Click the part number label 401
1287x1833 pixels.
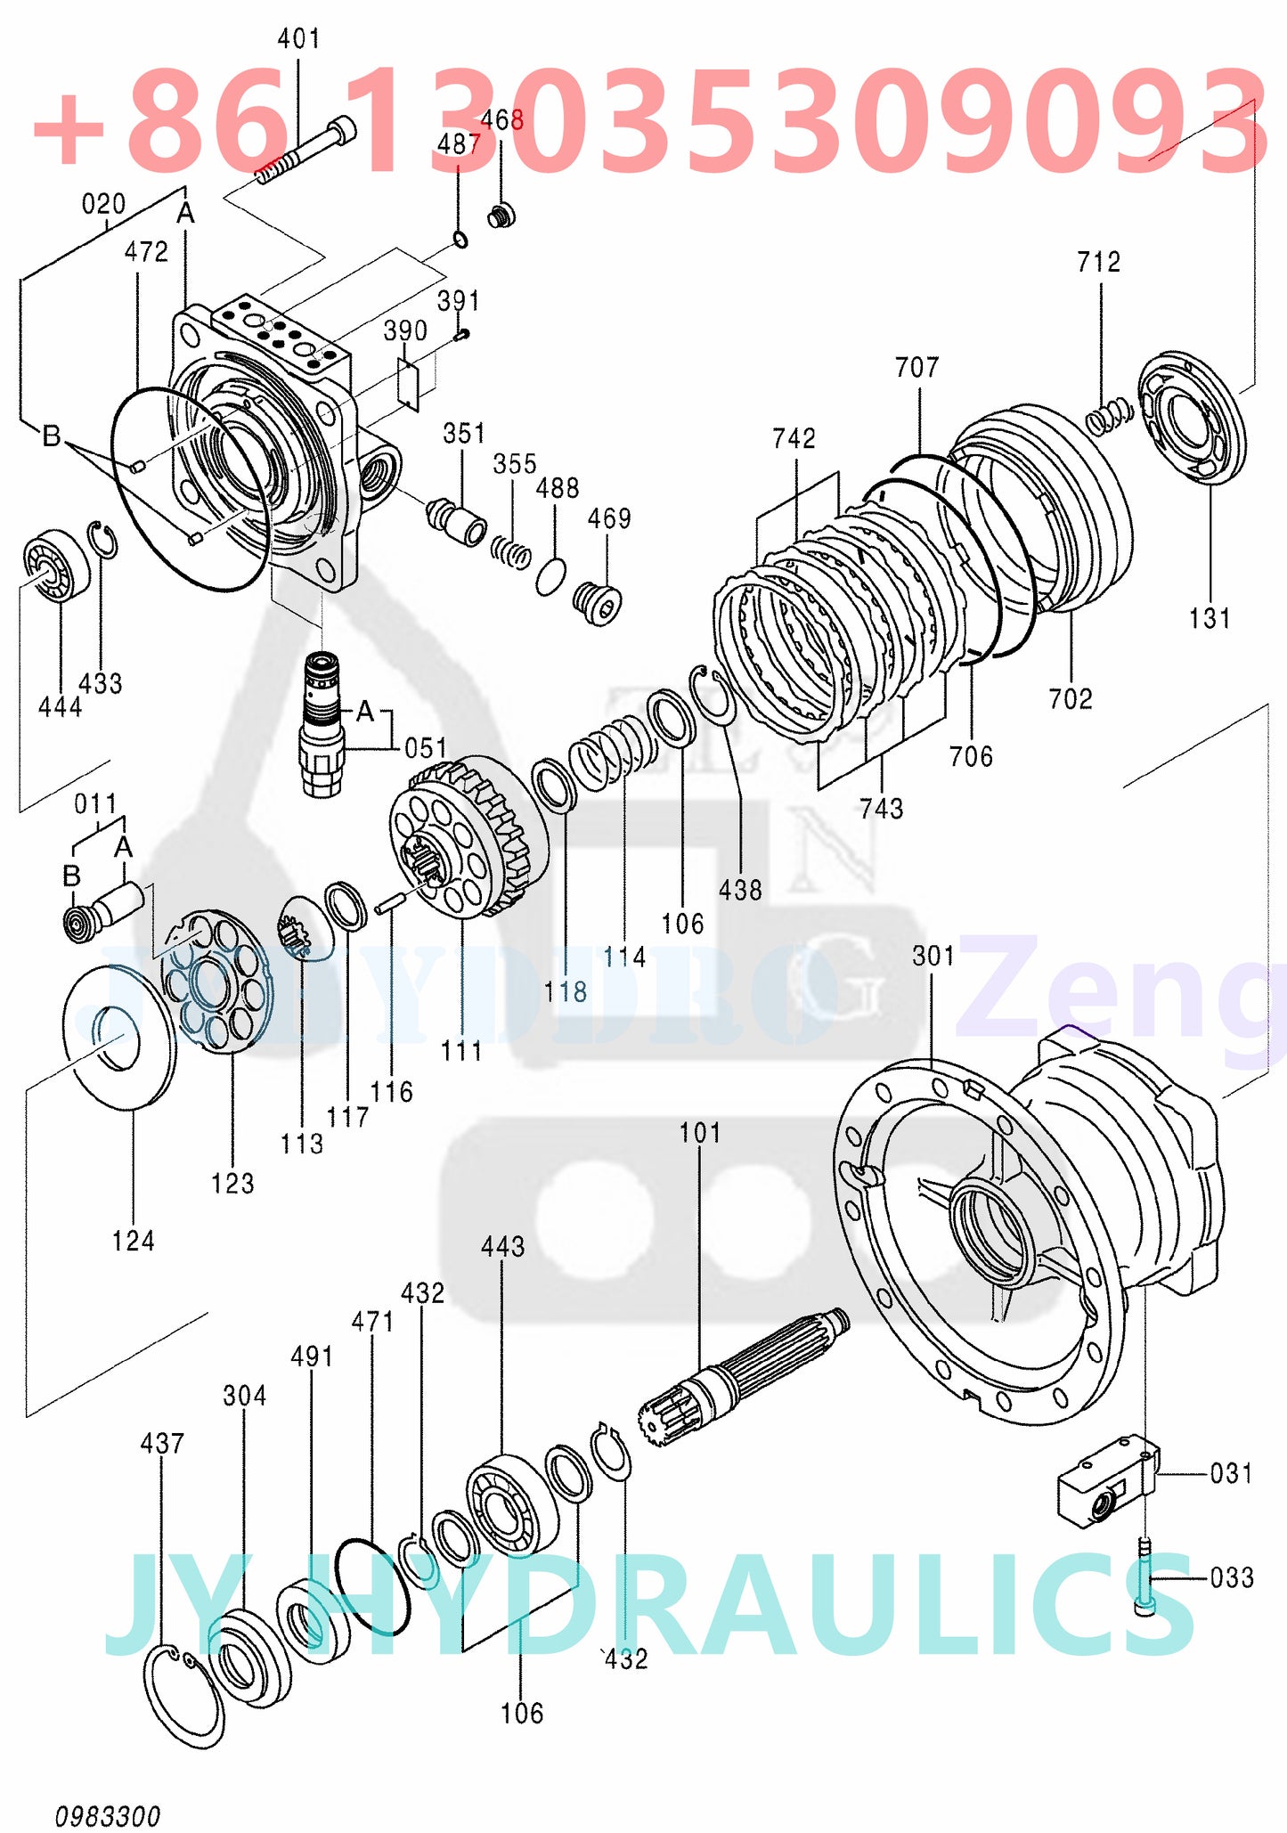click(298, 38)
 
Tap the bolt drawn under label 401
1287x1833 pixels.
click(307, 153)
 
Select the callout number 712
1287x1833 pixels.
click(1098, 262)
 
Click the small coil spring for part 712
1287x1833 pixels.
click(1109, 416)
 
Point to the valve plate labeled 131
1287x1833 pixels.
click(1192, 418)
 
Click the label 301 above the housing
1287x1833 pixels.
click(933, 956)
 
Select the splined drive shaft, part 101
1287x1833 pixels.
click(744, 1376)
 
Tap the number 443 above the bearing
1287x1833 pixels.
click(502, 1246)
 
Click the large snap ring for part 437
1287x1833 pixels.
click(183, 1697)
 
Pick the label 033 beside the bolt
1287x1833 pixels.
click(1232, 1578)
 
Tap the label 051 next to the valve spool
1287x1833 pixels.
click(425, 748)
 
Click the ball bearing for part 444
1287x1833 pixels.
click(55, 565)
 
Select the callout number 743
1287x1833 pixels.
click(881, 808)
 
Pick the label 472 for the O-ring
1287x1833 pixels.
click(146, 252)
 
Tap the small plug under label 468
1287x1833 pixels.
click(502, 215)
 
